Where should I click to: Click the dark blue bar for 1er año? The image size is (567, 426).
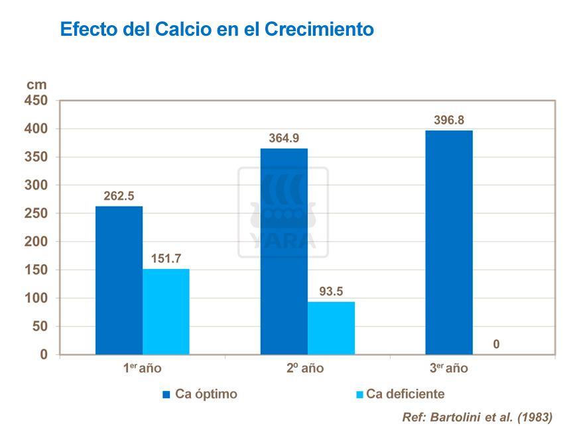pos(119,280)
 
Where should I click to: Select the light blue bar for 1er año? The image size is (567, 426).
pos(166,311)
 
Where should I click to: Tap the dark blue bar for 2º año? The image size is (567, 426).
pos(284,251)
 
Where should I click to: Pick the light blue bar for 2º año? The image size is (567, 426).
pos(331,328)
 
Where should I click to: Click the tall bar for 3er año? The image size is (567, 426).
pos(449,242)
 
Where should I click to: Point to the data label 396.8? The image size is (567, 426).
pos(449,121)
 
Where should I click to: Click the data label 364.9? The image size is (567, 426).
pos(284,138)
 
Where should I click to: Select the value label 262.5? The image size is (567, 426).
pos(119,196)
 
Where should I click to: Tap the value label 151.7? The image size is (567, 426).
pos(166,259)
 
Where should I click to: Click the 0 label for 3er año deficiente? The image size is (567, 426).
pos(496,344)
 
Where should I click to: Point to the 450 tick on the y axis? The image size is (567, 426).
pos(37,101)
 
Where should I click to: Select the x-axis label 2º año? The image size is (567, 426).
pos(305,368)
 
